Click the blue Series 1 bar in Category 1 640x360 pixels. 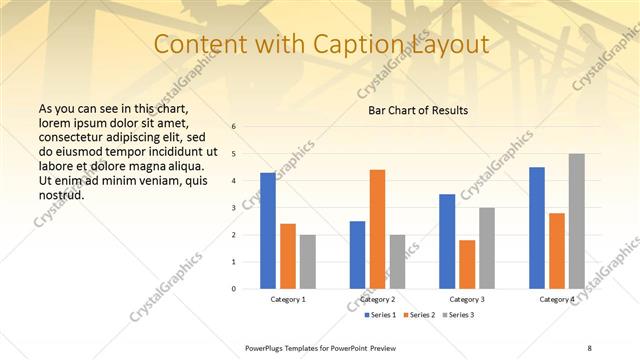(268, 231)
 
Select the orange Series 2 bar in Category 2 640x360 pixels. (377, 229)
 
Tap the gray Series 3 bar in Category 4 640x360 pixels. (576, 221)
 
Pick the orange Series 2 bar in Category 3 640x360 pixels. (467, 264)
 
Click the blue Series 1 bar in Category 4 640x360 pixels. (537, 228)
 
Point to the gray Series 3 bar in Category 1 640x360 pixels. (307, 262)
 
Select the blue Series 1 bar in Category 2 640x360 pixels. (357, 255)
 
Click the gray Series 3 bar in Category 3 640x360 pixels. (486, 248)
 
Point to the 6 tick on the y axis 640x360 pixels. (233, 127)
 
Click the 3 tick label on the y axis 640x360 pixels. (233, 208)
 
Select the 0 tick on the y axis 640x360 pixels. (233, 289)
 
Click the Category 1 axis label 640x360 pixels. (288, 299)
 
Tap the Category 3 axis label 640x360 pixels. (467, 299)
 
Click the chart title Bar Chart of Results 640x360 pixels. (412, 110)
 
